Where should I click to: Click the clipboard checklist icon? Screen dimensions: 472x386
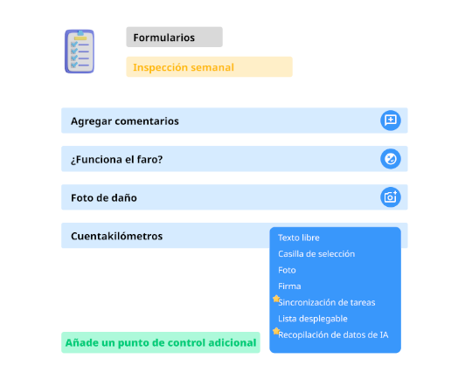pyautogui.click(x=80, y=52)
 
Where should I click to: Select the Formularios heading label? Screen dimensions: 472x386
pyautogui.click(x=164, y=38)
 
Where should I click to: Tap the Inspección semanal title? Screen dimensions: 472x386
pyautogui.click(x=184, y=67)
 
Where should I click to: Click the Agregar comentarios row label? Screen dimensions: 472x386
pyautogui.click(x=125, y=121)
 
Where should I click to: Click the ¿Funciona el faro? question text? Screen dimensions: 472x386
pyautogui.click(x=117, y=160)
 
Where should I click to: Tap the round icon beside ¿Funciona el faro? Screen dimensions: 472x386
pyautogui.click(x=391, y=159)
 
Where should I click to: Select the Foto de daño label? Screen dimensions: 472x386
pyautogui.click(x=104, y=198)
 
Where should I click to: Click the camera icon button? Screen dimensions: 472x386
pyautogui.click(x=391, y=197)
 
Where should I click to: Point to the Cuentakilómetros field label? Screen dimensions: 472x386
pyautogui.click(x=117, y=236)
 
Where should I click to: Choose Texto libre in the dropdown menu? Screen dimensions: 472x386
pyautogui.click(x=299, y=238)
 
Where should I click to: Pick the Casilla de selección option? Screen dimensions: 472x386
pyautogui.click(x=316, y=254)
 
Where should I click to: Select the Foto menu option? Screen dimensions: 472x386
pyautogui.click(x=287, y=270)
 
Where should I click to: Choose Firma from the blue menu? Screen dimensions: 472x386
pyautogui.click(x=289, y=286)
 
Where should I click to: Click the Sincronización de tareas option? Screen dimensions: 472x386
pyautogui.click(x=327, y=302)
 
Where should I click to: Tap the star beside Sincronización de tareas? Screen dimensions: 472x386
pyautogui.click(x=276, y=299)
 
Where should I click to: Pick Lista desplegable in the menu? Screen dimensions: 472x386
pyautogui.click(x=313, y=319)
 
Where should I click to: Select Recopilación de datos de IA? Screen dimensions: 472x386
pyautogui.click(x=333, y=334)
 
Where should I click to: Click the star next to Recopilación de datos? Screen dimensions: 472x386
pyautogui.click(x=276, y=331)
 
